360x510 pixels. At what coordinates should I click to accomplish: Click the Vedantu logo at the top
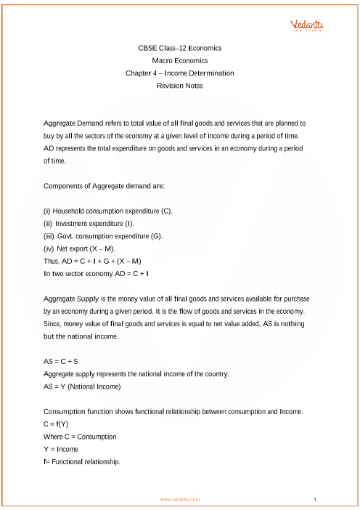tap(308, 25)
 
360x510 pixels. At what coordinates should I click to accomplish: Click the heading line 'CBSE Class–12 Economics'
tap(179, 48)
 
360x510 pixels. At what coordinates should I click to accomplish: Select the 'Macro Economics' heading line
tap(179, 61)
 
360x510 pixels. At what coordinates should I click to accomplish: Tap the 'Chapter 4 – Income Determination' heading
tap(179, 73)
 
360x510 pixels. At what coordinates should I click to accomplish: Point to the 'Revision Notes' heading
tap(179, 86)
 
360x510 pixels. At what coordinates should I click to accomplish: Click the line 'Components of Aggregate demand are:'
tap(105, 186)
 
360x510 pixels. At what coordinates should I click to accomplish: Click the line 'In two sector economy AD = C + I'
tap(97, 273)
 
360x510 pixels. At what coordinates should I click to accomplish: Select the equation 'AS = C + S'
tap(63, 361)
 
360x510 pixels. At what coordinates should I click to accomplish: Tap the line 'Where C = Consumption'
tap(80, 437)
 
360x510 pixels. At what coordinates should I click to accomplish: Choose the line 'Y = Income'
tap(61, 449)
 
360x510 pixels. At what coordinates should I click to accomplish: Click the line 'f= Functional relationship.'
tap(82, 461)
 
